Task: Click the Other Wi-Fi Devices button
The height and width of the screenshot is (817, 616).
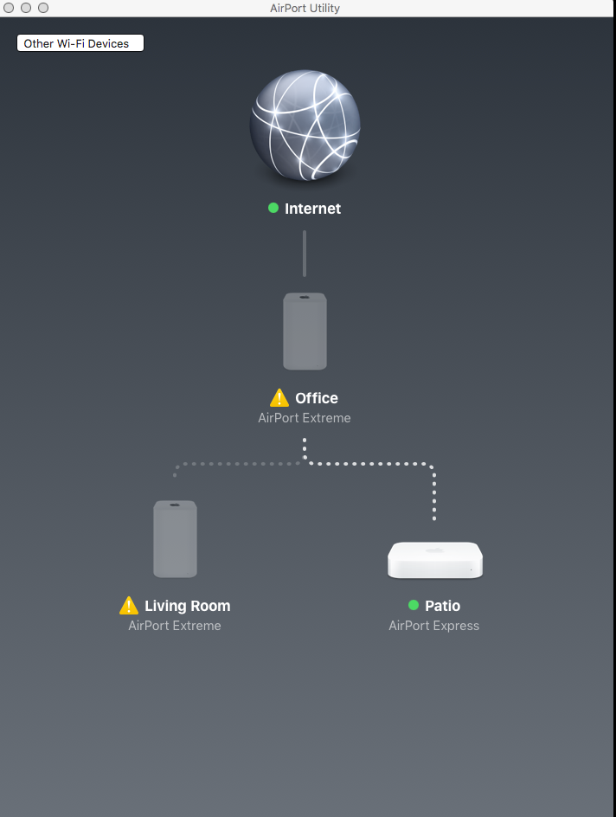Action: [80, 43]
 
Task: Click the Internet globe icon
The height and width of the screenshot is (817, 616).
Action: [305, 125]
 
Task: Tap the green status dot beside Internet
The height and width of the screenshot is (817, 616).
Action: [273, 208]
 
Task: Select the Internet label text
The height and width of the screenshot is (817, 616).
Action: [312, 209]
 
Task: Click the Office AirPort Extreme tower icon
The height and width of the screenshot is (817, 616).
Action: [305, 331]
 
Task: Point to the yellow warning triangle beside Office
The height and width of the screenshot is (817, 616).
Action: [279, 398]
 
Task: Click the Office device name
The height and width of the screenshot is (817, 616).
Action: [317, 398]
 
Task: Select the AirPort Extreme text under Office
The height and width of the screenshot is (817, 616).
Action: [305, 418]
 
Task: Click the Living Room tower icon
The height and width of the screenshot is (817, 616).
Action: [175, 538]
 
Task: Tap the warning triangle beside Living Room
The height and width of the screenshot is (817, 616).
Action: [129, 606]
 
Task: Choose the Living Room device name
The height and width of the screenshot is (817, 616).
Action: [188, 606]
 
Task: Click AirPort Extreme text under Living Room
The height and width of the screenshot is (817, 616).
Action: [175, 626]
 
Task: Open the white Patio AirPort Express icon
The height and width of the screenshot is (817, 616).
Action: [434, 560]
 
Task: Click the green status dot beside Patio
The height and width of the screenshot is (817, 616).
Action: [414, 605]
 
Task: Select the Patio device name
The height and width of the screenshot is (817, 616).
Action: [442, 606]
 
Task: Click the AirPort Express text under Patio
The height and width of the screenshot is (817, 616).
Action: [433, 626]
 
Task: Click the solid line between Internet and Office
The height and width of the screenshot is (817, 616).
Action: [305, 253]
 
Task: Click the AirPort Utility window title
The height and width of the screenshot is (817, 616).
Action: [305, 8]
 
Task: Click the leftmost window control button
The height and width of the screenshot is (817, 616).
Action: [10, 8]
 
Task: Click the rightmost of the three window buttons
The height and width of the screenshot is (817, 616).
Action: [43, 8]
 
